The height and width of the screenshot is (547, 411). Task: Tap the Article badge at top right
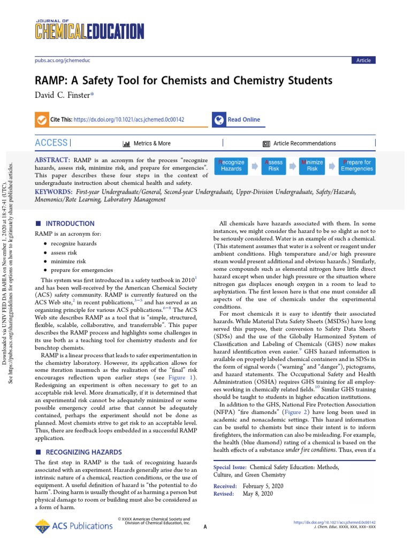tap(363, 60)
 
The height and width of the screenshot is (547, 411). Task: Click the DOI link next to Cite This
tap(128, 120)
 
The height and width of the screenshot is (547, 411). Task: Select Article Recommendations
tap(304, 143)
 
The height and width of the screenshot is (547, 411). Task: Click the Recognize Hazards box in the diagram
tap(232, 165)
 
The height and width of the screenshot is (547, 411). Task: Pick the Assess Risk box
tap(273, 165)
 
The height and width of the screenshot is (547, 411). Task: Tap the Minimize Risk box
tap(312, 165)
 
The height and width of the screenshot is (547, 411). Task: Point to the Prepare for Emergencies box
tap(356, 165)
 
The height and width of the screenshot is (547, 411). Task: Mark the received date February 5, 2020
tap(263, 486)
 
